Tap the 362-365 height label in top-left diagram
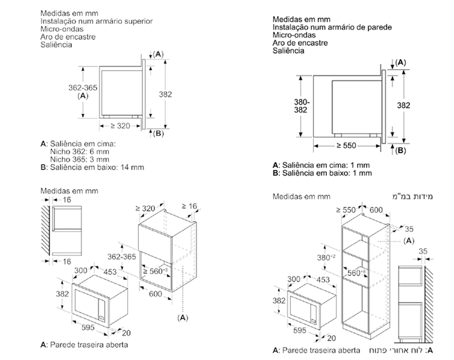pyautogui.click(x=83, y=88)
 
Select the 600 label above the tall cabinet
pyautogui.click(x=375, y=210)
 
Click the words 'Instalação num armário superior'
pyautogui.click(x=97, y=21)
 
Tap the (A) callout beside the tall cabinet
pyautogui.click(x=408, y=241)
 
